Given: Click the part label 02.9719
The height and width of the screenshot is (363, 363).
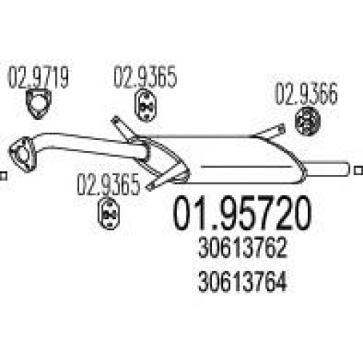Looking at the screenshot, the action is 38,77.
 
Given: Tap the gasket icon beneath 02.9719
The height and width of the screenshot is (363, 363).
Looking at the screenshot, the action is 38,104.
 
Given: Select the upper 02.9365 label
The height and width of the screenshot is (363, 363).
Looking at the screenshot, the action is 145,77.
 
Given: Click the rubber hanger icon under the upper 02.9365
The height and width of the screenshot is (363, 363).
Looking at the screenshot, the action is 145,105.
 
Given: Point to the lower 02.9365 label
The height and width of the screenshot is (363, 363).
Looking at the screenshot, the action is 108,184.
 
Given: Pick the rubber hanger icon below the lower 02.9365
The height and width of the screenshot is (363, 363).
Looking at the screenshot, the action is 108,213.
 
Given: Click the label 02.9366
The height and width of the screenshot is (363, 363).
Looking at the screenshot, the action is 306,94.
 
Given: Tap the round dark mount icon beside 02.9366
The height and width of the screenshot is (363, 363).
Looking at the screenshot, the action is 308,121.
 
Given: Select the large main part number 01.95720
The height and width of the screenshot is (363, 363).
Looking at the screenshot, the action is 242,213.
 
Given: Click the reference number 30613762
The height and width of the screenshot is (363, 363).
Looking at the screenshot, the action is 242,248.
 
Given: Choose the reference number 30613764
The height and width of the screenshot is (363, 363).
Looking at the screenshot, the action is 242,282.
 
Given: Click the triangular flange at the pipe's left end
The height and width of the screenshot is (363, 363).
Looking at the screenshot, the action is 23,155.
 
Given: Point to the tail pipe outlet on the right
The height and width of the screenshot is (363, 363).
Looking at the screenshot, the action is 327,168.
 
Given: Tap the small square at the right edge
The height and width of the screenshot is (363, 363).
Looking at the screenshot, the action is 359,171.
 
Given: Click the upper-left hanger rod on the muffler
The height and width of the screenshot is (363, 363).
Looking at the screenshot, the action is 123,129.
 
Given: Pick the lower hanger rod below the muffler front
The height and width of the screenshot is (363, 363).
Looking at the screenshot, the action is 167,179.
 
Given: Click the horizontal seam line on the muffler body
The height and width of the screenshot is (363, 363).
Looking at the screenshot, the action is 246,167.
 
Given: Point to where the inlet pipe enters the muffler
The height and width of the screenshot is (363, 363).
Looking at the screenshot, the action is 146,151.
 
